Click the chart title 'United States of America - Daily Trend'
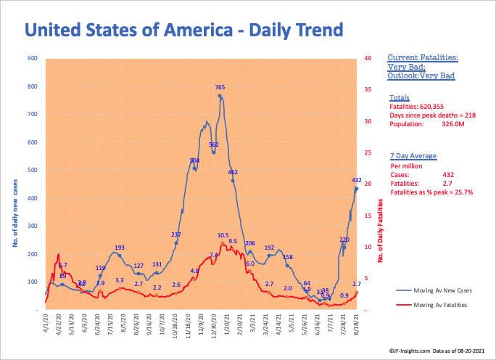183,30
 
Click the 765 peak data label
220,87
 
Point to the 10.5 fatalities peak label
223,236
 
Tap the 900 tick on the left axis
33,58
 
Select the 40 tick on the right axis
368,58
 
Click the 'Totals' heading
399,97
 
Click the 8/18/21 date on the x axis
355,323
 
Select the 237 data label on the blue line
175,234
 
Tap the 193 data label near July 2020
120,247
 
